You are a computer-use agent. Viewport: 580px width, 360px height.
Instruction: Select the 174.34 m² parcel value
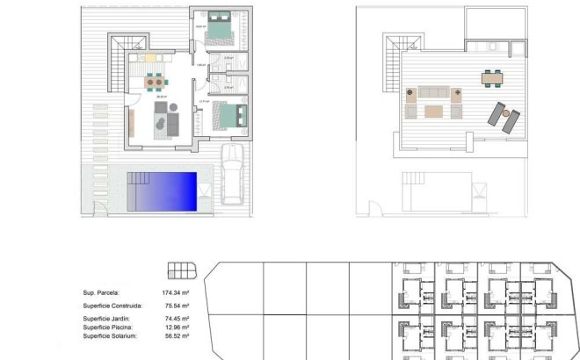click(176, 292)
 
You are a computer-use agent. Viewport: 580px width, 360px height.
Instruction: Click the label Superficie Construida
click(112, 306)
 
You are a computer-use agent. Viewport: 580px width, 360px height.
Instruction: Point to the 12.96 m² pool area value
click(178, 327)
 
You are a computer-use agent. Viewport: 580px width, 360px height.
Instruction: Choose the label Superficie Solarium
click(112, 335)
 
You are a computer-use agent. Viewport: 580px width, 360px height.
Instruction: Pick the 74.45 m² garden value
click(176, 319)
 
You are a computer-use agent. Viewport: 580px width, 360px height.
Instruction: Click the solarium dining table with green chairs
click(492, 78)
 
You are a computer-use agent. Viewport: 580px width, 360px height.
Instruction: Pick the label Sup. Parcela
click(101, 292)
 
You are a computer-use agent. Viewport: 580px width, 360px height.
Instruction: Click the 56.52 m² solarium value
click(178, 335)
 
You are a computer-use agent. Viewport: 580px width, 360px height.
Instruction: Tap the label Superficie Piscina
click(108, 327)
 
